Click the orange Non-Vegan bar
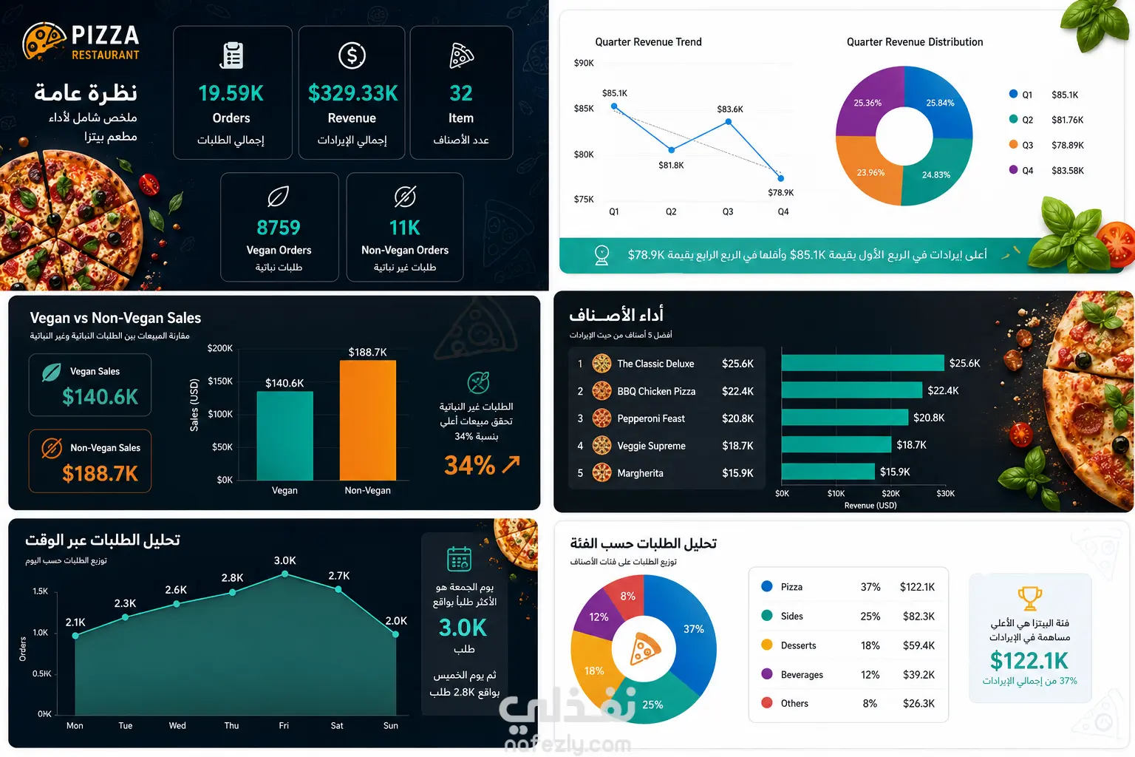click(x=368, y=420)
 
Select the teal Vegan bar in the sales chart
click(x=284, y=435)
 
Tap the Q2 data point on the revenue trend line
click(x=672, y=149)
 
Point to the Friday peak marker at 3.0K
click(x=284, y=574)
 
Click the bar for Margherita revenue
click(x=828, y=472)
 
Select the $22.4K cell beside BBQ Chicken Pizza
click(x=737, y=391)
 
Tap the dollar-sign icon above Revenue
click(x=352, y=55)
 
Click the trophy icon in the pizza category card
click(x=1029, y=598)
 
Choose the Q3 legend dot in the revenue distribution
click(x=1013, y=144)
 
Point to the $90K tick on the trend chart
click(x=584, y=63)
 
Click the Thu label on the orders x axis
click(x=231, y=725)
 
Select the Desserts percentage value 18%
click(x=870, y=645)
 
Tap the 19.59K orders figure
click(x=231, y=93)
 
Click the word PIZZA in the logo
click(x=105, y=35)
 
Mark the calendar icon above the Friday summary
click(x=459, y=559)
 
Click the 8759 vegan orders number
click(x=279, y=228)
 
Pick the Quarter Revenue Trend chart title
click(x=648, y=42)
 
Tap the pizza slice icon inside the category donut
click(x=644, y=648)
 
